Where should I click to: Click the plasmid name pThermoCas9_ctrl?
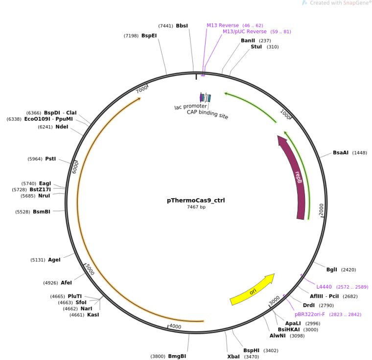coord(196,200)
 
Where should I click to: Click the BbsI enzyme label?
coord(182,25)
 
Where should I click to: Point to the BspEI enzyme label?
coord(149,36)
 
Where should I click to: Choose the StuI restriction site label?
coord(256,47)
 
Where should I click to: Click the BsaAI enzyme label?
coord(341,153)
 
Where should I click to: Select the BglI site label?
coord(332,270)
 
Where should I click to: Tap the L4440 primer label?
coord(324,287)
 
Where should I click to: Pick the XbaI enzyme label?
coord(233,357)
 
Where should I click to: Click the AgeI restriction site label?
coord(54,260)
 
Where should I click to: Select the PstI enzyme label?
coord(50,159)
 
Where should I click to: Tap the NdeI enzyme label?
coord(62,127)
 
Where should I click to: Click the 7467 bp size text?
coord(196,207)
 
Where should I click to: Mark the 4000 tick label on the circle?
coord(175,327)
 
